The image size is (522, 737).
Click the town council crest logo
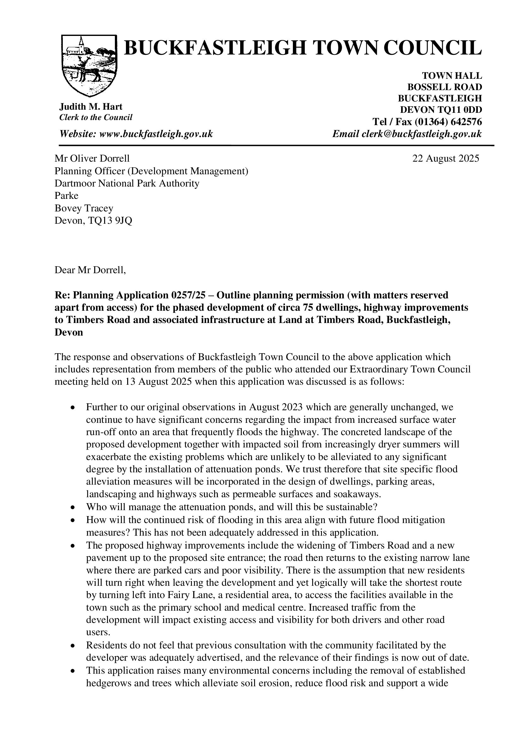tap(89, 66)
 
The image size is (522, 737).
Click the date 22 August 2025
tap(446, 158)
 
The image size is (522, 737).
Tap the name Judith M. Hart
tap(91, 107)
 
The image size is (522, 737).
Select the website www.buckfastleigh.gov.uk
tap(156, 134)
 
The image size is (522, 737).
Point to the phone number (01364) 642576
tap(448, 122)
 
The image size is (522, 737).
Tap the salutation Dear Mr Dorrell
tap(90, 270)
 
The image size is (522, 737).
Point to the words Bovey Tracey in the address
tap(84, 208)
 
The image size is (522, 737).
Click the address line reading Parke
tap(67, 196)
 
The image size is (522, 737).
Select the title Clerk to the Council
tap(96, 118)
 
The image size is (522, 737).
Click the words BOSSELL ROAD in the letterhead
tap(445, 87)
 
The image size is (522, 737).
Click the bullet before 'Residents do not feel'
tap(73, 645)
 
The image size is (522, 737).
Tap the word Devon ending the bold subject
tap(69, 332)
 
